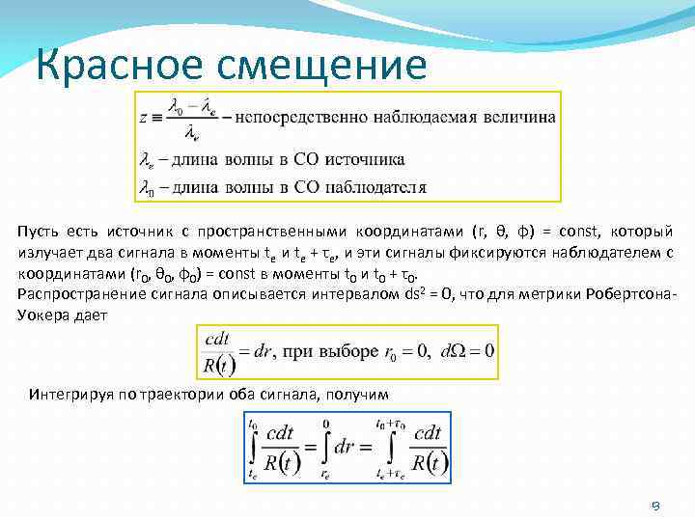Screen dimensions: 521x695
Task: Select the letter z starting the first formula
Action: (144, 119)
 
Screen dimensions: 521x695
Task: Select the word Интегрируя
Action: (70, 395)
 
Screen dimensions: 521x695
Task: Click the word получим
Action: (357, 395)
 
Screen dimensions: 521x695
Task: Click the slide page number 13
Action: (653, 505)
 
